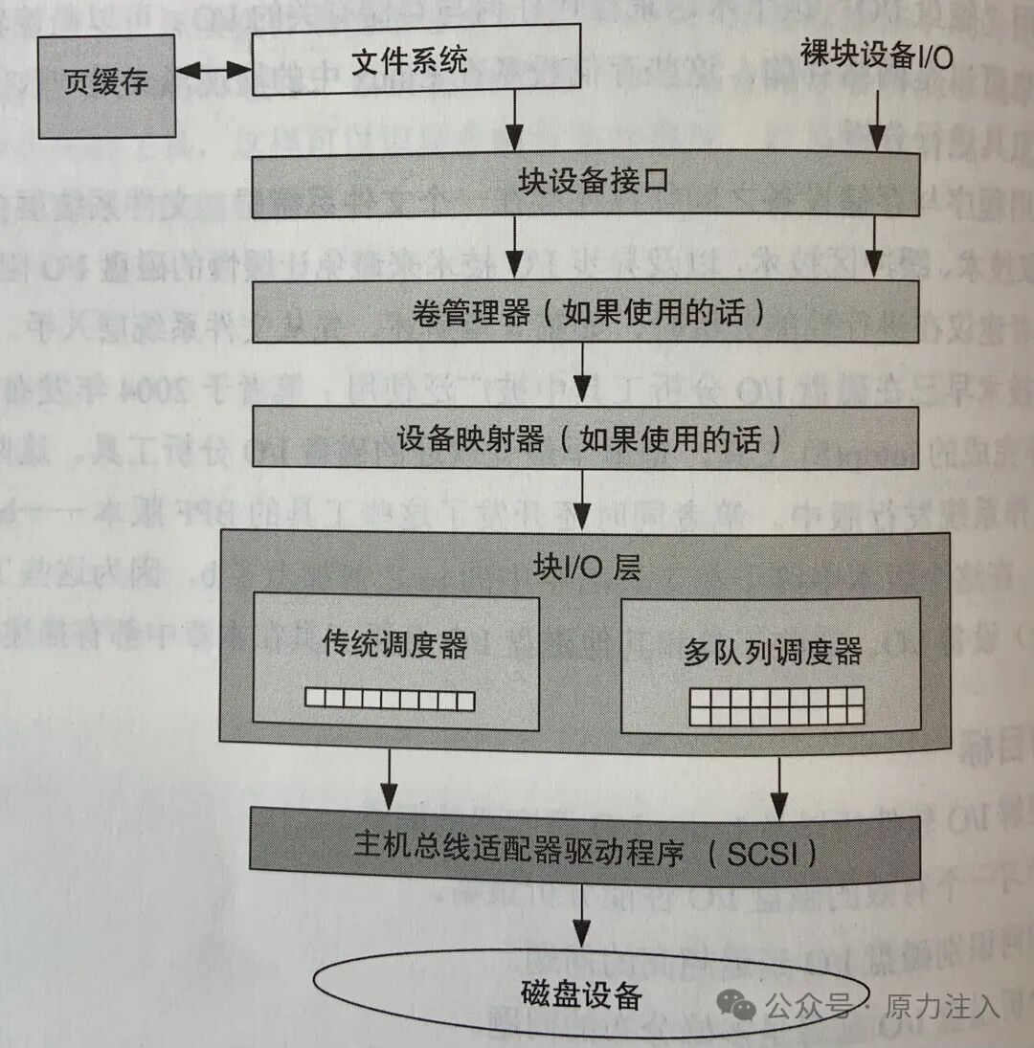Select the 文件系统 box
[416, 60]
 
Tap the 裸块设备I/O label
[876, 56]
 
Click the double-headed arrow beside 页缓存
[214, 70]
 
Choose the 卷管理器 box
[586, 311]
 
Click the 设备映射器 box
[586, 439]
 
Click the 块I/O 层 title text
[586, 567]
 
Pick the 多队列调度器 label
[773, 652]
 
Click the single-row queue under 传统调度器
[390, 700]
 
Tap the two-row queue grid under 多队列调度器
[776, 705]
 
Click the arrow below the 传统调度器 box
[389, 775]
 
